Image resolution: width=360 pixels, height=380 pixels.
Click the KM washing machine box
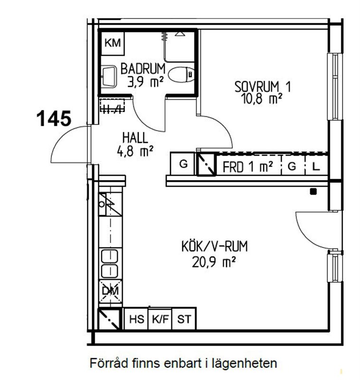pos(113,43)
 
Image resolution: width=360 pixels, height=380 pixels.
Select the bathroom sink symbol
pos(109,76)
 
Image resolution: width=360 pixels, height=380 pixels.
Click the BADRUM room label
pos(143,68)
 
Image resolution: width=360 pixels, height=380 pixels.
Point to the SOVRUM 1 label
pos(263,87)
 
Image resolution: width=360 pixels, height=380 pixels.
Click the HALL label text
pos(135,138)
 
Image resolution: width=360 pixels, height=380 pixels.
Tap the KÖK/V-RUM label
pos(214,246)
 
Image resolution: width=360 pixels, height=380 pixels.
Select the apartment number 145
pos(54,118)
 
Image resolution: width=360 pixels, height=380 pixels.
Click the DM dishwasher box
pos(110,291)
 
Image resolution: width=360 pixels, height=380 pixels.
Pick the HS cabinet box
pos(136,319)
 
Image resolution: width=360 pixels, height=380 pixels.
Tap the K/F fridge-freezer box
pos(160,319)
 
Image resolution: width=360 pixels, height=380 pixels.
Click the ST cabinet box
pos(184,319)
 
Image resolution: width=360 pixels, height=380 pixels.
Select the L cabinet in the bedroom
pos(316,166)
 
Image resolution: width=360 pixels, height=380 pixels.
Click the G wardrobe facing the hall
pos(183,163)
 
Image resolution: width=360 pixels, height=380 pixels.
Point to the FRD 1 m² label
pos(247,167)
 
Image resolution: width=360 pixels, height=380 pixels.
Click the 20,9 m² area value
pos(214,262)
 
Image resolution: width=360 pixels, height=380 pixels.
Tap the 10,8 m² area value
pos(262,99)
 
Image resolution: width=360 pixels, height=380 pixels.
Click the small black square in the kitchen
pos(313,191)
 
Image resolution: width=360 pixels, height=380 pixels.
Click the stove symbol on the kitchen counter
pos(110,204)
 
